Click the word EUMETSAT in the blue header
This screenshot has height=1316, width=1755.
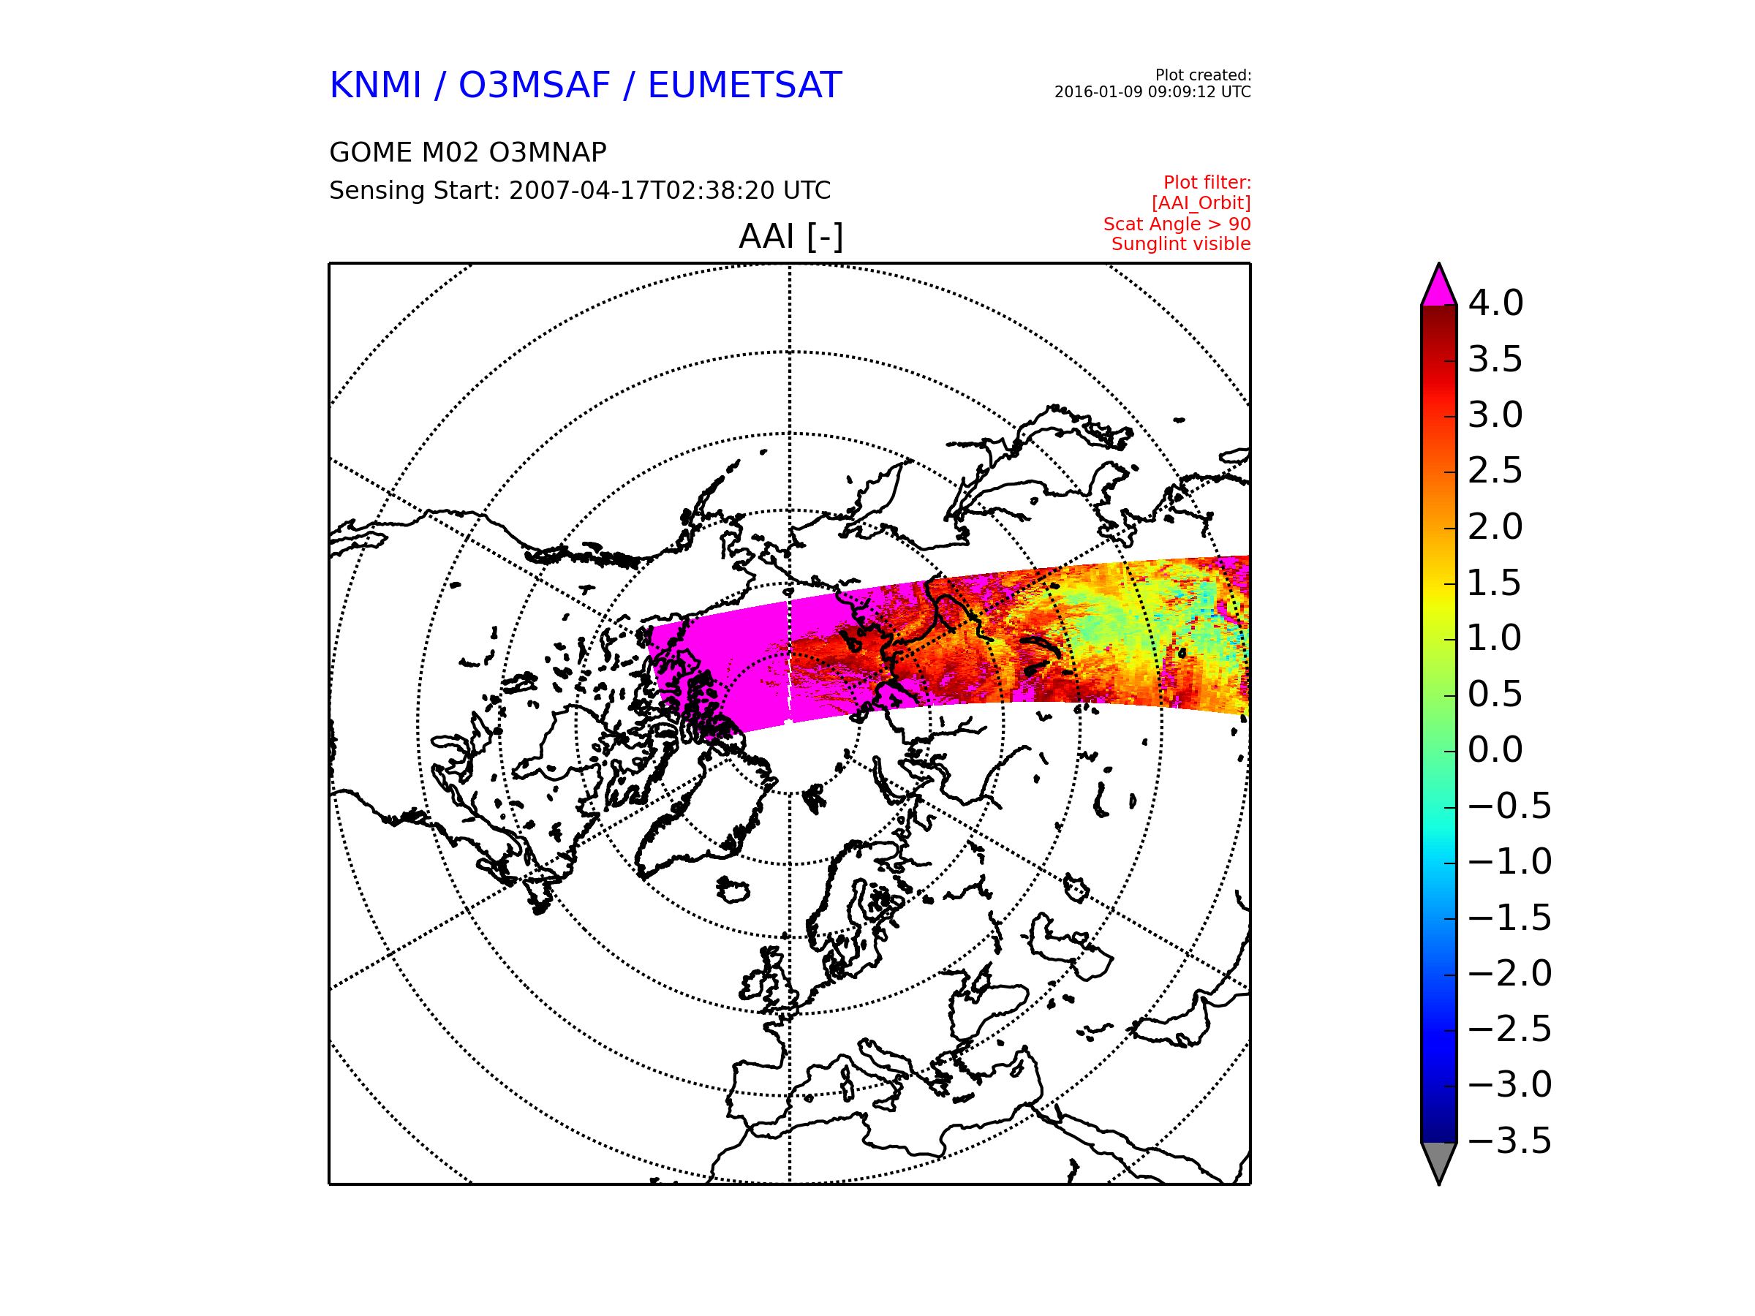(744, 85)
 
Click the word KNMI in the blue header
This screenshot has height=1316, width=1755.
(375, 85)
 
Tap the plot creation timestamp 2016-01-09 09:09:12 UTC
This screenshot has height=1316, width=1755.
(1152, 92)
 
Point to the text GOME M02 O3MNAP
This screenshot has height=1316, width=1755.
(467, 152)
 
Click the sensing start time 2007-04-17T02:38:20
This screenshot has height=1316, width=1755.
(642, 190)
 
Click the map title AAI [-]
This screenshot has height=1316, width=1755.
(790, 236)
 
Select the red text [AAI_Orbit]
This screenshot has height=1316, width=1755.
(1201, 203)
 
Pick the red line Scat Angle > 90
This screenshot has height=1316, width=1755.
(1177, 224)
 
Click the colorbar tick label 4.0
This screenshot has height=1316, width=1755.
(1495, 303)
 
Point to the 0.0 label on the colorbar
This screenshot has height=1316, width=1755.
(1495, 749)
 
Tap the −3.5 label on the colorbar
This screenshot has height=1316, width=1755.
(1510, 1141)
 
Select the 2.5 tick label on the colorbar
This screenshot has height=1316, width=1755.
(1495, 470)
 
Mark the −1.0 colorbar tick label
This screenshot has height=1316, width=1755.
(1510, 861)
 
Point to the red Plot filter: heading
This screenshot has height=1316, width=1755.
(1207, 183)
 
